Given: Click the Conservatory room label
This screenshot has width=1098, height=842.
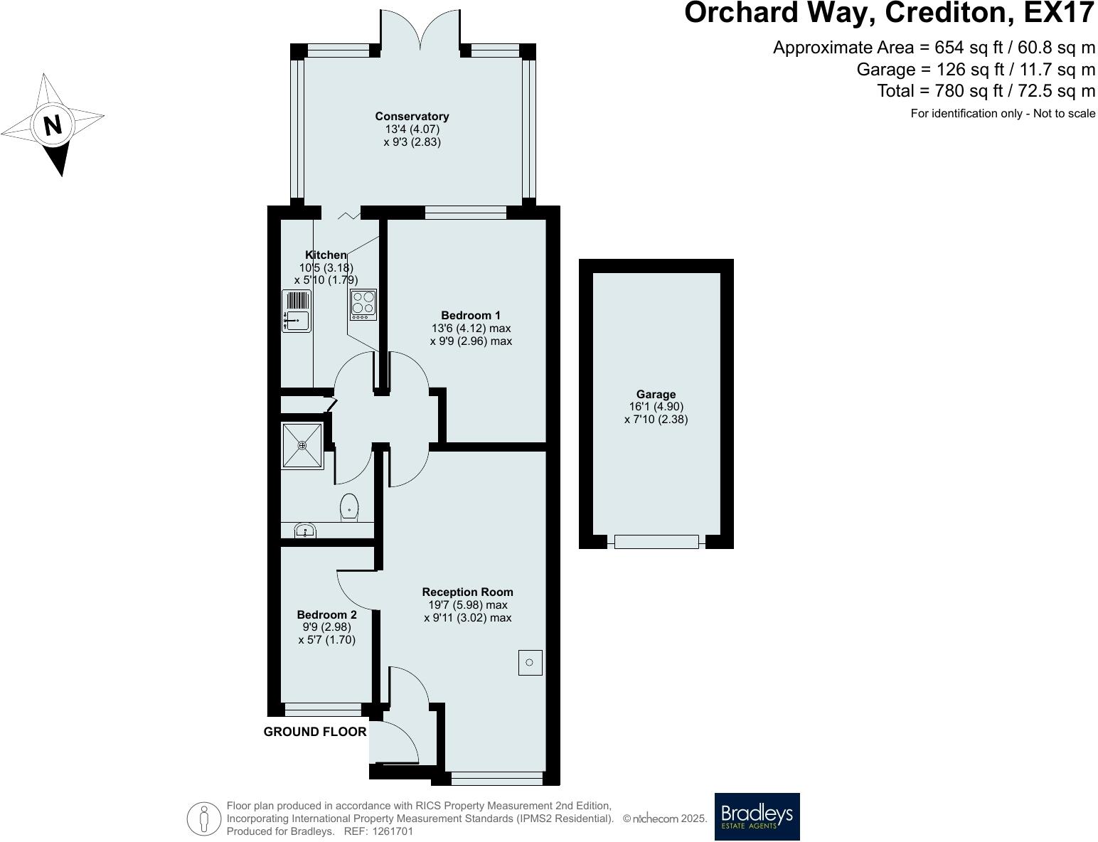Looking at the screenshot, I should [412, 117].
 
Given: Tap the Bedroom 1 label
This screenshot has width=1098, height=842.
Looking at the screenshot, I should [471, 316].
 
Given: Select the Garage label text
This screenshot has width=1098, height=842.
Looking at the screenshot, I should [656, 395].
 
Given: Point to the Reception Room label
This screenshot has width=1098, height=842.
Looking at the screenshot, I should [467, 592].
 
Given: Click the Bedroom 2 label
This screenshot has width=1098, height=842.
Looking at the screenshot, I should [326, 615].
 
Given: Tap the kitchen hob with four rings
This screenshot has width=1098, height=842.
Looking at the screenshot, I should [363, 304].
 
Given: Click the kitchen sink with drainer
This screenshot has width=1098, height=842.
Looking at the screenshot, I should [297, 311].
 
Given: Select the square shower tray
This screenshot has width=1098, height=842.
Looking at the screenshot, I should [302, 446].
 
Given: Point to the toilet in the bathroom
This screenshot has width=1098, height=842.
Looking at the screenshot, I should [349, 508].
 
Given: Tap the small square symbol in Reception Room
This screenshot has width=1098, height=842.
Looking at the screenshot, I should [530, 663].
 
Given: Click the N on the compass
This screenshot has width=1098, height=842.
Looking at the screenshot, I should [53, 126].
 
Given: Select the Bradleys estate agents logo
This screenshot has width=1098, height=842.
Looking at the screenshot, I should [757, 816].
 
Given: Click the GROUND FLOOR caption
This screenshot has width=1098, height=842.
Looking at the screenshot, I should [315, 732].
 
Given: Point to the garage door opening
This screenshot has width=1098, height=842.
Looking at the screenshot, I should [656, 542].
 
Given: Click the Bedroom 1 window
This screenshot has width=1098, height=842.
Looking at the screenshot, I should [466, 212].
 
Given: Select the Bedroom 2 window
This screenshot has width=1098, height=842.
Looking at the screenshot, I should [323, 709].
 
